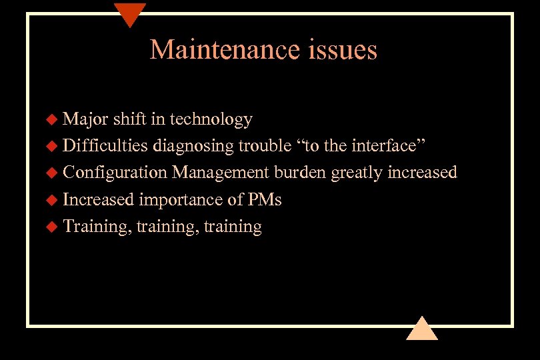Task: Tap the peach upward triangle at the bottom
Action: click(x=421, y=329)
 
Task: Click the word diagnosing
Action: click(x=193, y=146)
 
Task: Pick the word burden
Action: click(x=300, y=173)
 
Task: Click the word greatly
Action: click(x=355, y=173)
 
